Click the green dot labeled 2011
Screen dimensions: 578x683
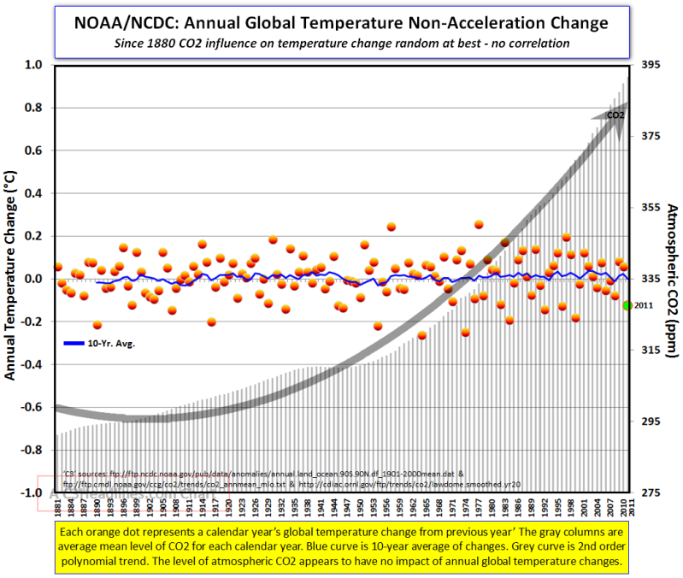pyautogui.click(x=627, y=305)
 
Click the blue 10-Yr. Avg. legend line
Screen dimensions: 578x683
pyautogui.click(x=75, y=343)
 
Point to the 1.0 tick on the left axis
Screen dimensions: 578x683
pyautogui.click(x=34, y=65)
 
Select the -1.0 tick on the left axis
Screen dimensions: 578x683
pyautogui.click(x=32, y=493)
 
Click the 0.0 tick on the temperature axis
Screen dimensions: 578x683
pyautogui.click(x=34, y=279)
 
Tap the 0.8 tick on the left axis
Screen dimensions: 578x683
pyautogui.click(x=34, y=108)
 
